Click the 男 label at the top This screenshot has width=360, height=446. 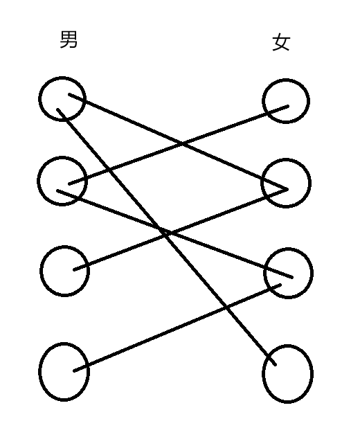[x=69, y=39]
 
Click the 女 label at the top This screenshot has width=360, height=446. [x=281, y=42]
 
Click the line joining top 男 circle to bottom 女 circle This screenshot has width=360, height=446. [x=166, y=237]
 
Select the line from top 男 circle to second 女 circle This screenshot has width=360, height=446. [x=179, y=141]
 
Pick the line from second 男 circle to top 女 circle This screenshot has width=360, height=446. [x=179, y=145]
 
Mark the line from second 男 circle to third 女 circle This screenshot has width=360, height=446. [x=174, y=233]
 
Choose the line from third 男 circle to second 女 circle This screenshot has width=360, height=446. [x=180, y=229]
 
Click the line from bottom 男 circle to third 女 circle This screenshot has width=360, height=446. [x=177, y=328]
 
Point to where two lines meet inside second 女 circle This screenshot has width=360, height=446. [x=287, y=189]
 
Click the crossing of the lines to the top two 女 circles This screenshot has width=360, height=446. [x=183, y=143]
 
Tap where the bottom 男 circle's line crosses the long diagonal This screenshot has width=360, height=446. [x=226, y=307]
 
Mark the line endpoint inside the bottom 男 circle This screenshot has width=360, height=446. [x=75, y=371]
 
